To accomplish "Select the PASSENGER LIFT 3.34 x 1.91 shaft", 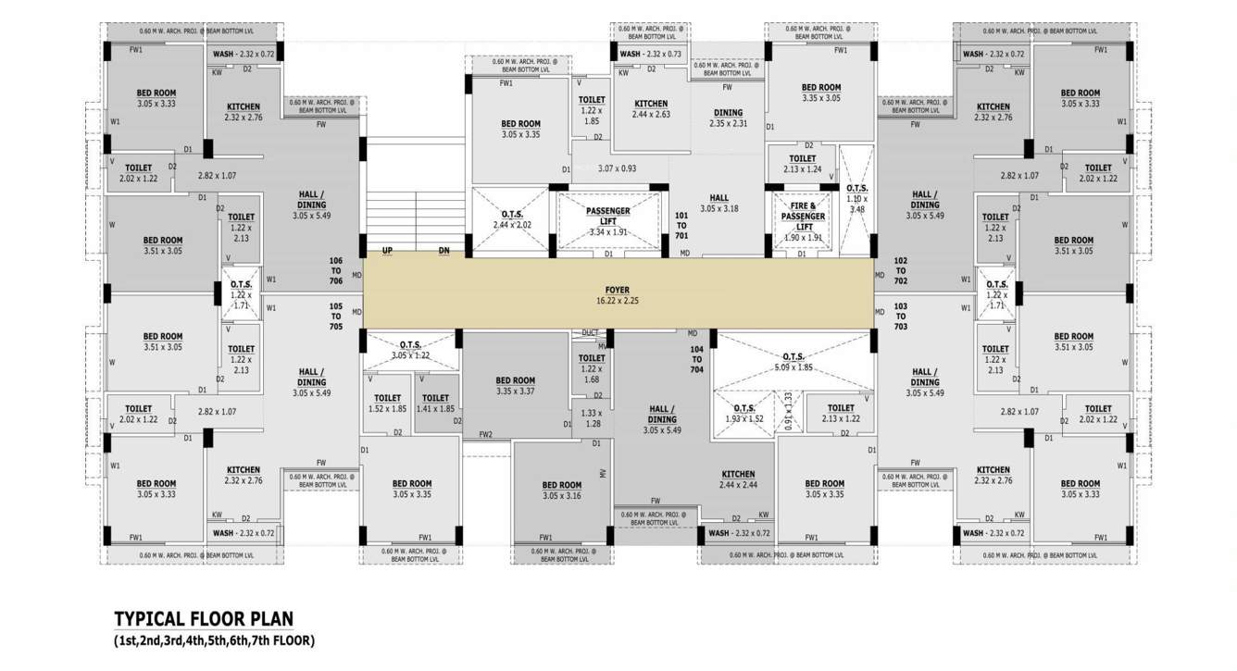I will click(607, 221).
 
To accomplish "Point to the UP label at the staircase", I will click(387, 251).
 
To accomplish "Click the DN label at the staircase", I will click(444, 251).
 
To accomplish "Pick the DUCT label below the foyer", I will click(590, 333).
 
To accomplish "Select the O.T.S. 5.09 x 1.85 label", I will click(793, 362).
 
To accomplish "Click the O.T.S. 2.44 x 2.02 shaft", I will click(511, 219).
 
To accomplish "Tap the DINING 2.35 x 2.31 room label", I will click(728, 118).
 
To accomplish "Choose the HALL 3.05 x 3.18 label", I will click(718, 203).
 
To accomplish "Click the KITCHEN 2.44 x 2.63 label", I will click(651, 109).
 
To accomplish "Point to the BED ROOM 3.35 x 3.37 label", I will click(515, 385).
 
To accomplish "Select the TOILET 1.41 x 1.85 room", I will click(435, 403).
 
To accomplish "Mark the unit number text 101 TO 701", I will click(681, 226).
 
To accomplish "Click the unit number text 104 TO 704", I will click(696, 359).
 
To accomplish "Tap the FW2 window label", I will click(485, 434).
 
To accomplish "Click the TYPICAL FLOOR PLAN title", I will click(204, 619).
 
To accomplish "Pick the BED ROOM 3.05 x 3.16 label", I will click(561, 491).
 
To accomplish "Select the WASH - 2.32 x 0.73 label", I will click(650, 55).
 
